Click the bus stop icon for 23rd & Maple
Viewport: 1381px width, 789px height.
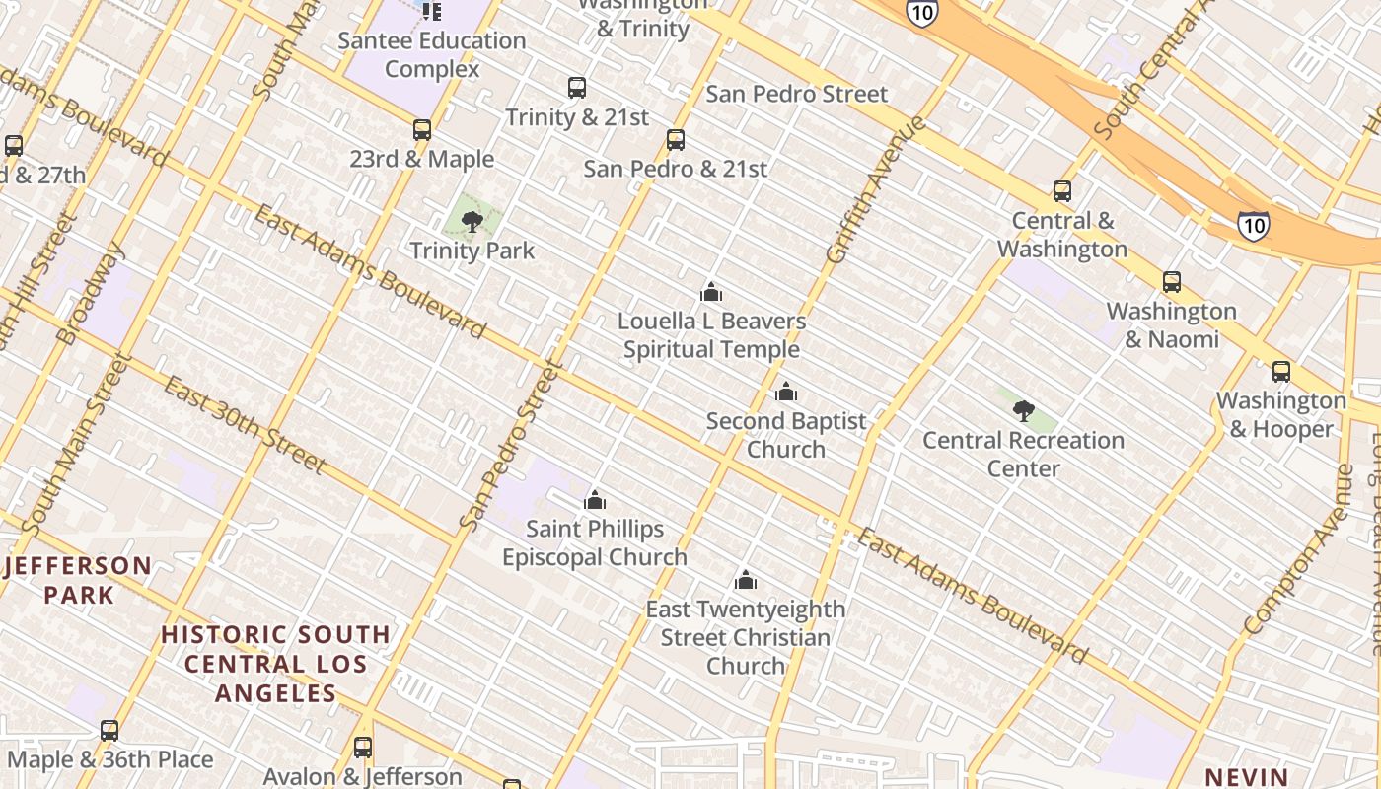point(422,130)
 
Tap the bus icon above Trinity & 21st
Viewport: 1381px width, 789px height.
point(577,88)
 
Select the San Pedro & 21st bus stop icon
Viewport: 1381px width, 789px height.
point(676,140)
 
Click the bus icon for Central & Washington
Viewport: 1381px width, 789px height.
point(1062,191)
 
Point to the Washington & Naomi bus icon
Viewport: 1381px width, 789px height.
point(1172,282)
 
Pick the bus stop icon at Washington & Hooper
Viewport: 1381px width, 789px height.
point(1281,372)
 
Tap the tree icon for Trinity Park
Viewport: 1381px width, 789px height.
point(472,221)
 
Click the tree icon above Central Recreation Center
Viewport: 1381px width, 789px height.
point(1024,410)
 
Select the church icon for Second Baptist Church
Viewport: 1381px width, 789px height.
point(786,393)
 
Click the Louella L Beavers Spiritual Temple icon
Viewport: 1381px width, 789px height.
point(711,292)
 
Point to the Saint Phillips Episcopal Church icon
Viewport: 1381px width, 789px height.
point(595,500)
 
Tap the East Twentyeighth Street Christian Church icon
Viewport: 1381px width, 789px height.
point(746,580)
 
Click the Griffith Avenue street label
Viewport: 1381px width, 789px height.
point(876,189)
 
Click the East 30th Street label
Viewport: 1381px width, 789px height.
point(244,424)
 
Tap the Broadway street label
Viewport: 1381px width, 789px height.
point(92,293)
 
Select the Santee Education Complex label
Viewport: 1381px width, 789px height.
point(432,54)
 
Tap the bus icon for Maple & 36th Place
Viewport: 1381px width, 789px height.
point(109,731)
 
